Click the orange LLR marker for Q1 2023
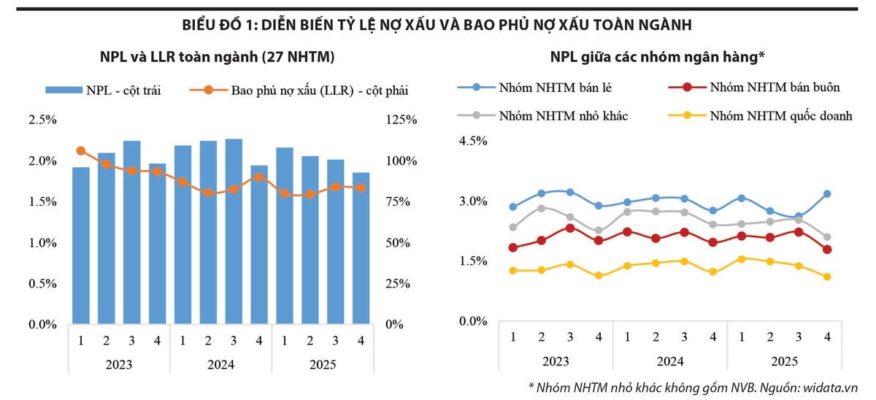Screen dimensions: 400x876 (x=81, y=151)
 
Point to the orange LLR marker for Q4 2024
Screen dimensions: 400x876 (x=259, y=177)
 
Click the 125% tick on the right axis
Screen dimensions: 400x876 (x=401, y=120)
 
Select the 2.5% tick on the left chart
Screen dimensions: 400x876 (x=42, y=120)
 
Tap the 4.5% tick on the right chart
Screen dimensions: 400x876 (x=472, y=141)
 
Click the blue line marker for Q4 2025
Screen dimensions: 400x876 (x=827, y=193)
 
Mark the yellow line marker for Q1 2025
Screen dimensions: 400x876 (x=742, y=259)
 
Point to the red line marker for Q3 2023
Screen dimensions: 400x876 (x=570, y=228)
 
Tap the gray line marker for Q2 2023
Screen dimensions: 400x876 (x=542, y=208)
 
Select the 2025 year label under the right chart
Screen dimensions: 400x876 (x=785, y=361)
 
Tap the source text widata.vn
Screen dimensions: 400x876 (x=834, y=388)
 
